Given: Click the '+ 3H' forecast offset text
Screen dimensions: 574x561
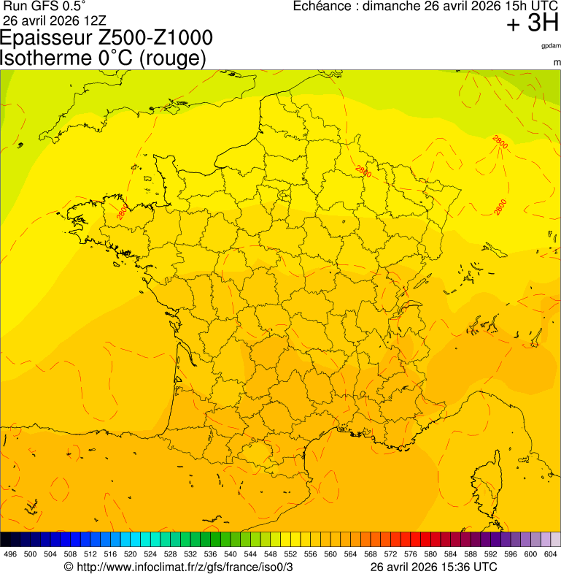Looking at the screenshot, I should click(532, 23).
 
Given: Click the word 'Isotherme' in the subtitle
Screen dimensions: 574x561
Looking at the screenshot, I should click(47, 57).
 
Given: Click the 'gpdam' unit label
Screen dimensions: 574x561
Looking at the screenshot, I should click(551, 46).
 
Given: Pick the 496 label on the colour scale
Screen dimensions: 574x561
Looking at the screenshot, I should click(10, 554).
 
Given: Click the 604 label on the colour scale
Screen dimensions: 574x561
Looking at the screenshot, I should click(551, 554).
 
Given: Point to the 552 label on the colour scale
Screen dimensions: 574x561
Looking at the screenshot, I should click(290, 554).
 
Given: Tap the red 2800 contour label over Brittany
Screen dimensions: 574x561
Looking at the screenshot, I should click(121, 212).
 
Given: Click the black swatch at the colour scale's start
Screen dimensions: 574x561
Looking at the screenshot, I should click(6, 540).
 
